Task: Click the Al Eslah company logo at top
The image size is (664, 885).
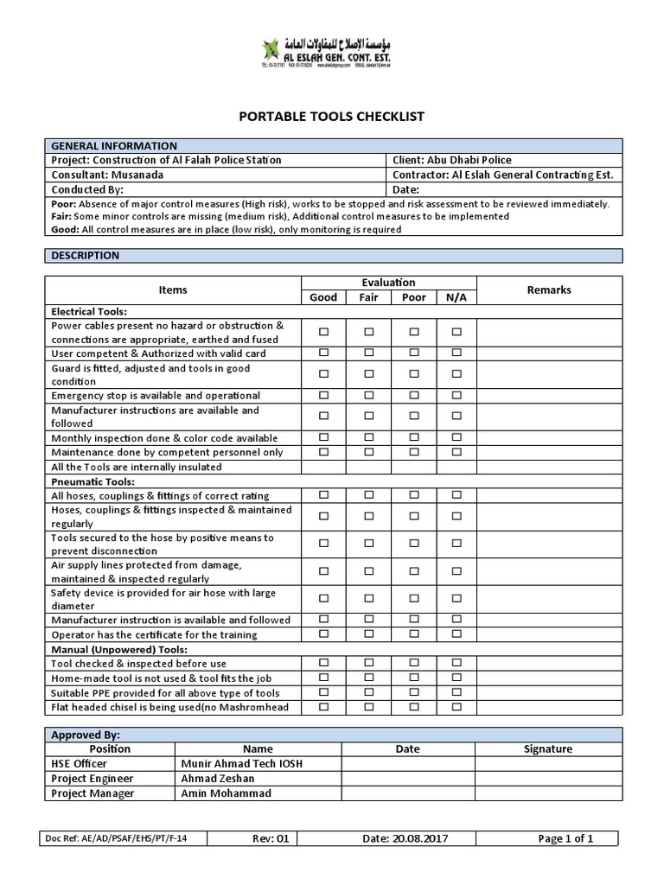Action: (332, 52)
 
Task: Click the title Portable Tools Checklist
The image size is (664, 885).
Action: (332, 117)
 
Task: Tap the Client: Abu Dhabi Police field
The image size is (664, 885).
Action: (451, 160)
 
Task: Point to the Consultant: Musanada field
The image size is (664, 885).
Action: (107, 174)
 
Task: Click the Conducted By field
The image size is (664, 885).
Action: (88, 188)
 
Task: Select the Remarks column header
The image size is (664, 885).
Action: (549, 290)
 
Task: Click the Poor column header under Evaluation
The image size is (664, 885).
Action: (414, 297)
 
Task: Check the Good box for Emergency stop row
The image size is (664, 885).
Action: (323, 395)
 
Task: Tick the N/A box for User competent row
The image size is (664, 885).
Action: (456, 353)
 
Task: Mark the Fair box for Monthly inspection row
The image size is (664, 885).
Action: (368, 438)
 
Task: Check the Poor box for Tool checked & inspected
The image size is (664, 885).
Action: (414, 663)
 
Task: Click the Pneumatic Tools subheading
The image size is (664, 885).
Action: (93, 481)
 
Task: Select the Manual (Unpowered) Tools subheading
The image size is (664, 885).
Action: (119, 649)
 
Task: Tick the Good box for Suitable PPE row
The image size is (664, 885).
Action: (323, 693)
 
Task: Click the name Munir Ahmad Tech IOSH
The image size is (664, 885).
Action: (242, 764)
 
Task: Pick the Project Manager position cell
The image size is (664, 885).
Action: (93, 793)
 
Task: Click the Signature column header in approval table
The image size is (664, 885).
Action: (547, 748)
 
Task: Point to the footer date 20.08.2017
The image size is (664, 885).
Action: (407, 838)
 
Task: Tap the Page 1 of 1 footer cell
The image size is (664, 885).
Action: (565, 838)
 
